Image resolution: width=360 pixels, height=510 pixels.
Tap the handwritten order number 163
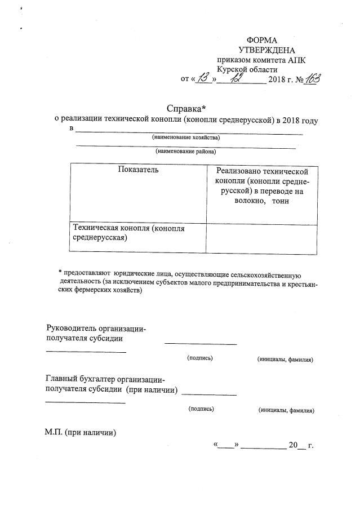tap(310, 78)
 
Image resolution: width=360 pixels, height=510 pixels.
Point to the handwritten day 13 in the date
tap(203, 78)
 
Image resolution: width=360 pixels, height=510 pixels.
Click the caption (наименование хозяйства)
tap(186, 138)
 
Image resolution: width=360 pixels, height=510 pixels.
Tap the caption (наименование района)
tap(186, 151)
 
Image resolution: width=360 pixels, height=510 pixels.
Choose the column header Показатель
tap(138, 170)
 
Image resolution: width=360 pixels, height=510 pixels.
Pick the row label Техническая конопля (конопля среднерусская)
tap(129, 233)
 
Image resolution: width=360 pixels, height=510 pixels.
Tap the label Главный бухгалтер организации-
tap(105, 379)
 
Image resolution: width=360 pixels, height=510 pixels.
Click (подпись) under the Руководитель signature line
tap(200, 358)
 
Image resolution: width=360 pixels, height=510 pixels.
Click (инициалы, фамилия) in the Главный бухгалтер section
tap(286, 410)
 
